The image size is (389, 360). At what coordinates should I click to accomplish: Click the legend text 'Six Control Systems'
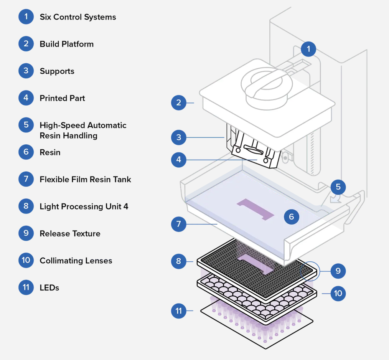coord(77,17)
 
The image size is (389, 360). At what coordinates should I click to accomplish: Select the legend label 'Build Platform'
coord(66,44)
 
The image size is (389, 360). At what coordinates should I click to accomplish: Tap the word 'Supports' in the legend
coord(57,71)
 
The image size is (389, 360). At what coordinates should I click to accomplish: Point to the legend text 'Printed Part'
coord(62,98)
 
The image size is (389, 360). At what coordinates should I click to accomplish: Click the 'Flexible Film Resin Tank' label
coord(85,179)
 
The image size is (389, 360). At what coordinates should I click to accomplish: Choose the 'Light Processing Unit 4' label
coord(84,206)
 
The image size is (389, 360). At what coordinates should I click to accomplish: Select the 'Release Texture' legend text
coord(70,233)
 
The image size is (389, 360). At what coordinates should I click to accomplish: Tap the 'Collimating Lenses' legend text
coord(76,261)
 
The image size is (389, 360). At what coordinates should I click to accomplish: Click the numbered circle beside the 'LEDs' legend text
coord(26,287)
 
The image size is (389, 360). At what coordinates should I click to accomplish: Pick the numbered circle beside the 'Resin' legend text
coord(26,152)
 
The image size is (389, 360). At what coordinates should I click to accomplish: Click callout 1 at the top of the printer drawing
coord(308,49)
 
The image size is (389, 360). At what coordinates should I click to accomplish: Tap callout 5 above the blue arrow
coord(338,187)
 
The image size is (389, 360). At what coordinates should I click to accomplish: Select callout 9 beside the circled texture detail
coord(338,271)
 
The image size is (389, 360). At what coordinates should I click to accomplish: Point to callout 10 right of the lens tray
coord(338,294)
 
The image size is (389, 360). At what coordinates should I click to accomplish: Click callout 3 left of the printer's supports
coord(179,137)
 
